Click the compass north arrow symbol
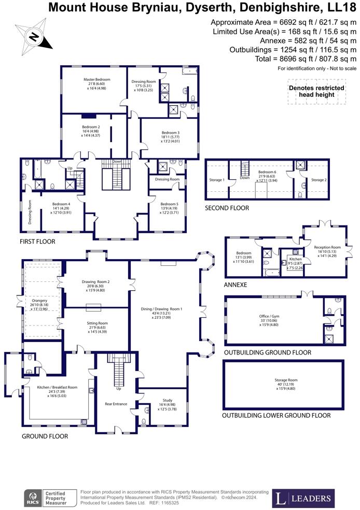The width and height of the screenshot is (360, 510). pyautogui.click(x=34, y=36)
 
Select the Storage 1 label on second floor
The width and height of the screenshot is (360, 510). pyautogui.click(x=217, y=180)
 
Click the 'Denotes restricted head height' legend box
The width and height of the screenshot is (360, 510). pyautogui.click(x=316, y=91)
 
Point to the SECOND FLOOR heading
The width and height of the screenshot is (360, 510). pyautogui.click(x=227, y=208)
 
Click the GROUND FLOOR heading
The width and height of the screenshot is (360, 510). pyautogui.click(x=45, y=436)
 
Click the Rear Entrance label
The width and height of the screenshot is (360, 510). pyautogui.click(x=116, y=404)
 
